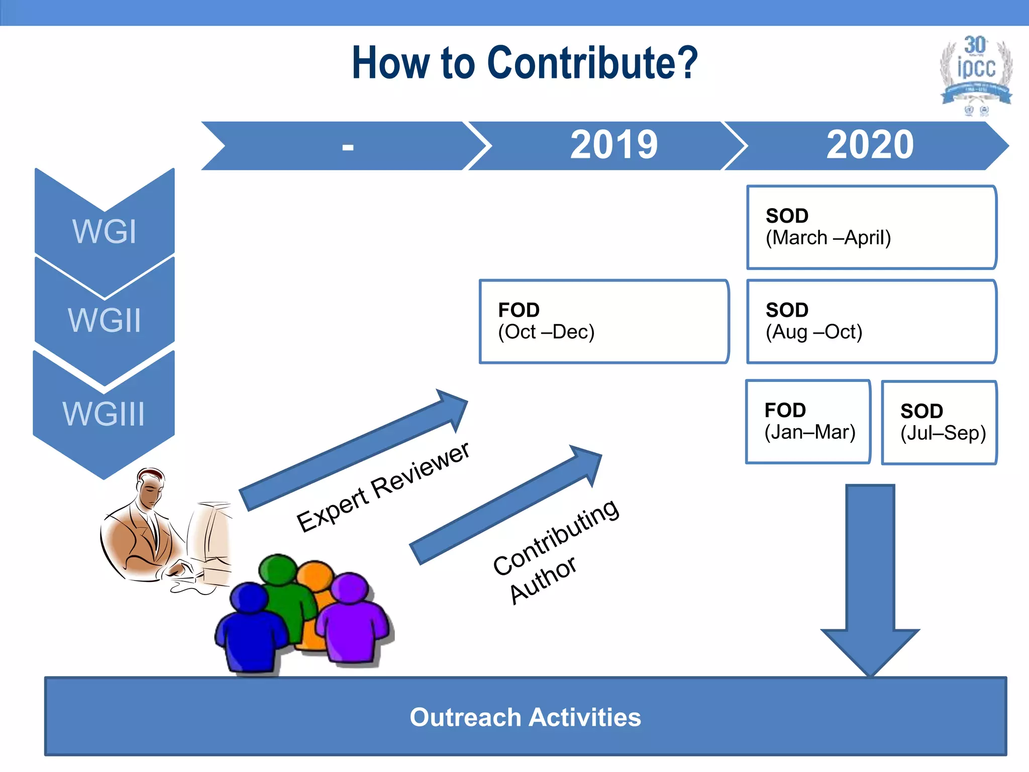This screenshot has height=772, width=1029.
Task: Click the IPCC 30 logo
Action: click(976, 74)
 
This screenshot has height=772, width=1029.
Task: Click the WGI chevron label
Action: click(105, 232)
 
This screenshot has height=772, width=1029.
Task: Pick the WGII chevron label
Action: click(105, 320)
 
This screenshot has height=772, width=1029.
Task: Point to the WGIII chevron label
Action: click(104, 414)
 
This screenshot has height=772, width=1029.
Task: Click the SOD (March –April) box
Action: click(871, 227)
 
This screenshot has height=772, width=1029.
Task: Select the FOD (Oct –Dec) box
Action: click(603, 321)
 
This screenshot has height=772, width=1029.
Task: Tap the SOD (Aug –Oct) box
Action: click(871, 321)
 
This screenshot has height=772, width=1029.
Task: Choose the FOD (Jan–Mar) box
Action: click(808, 422)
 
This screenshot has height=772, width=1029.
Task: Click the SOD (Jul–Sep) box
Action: click(939, 423)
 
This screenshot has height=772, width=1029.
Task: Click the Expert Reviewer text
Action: click(383, 487)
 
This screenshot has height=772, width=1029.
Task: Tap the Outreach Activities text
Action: click(525, 717)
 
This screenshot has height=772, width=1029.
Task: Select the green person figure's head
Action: click(278, 569)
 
